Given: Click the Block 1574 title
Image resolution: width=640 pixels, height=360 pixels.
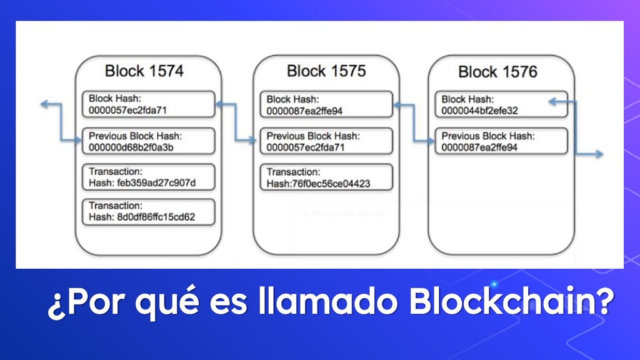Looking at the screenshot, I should [x=144, y=71].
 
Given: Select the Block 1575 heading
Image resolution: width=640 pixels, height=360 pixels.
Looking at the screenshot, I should [x=326, y=71].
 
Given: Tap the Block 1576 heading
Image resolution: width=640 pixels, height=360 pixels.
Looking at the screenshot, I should [x=497, y=72].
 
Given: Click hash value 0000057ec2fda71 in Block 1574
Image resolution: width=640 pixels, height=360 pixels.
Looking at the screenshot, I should [x=127, y=110].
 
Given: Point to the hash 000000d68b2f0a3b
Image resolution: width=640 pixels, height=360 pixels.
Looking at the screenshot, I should [x=131, y=147].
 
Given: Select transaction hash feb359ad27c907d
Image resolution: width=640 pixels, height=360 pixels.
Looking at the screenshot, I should [x=142, y=182].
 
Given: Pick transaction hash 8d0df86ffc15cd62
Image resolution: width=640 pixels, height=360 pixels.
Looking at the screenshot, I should [x=142, y=218].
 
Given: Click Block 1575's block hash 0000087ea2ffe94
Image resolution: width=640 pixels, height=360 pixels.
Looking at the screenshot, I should [x=304, y=111].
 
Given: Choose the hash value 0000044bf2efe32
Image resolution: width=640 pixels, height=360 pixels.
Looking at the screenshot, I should [x=479, y=111].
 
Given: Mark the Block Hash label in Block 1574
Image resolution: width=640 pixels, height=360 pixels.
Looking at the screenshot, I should [x=116, y=99].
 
